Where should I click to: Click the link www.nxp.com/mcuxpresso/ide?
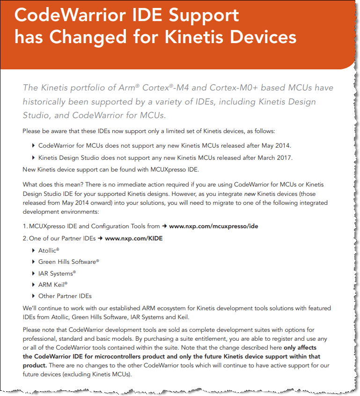213,226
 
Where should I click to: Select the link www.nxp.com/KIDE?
134,239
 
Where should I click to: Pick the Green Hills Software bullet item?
68,262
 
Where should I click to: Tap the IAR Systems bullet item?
57,273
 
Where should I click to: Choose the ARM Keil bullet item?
53,284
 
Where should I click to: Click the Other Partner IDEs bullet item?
65,296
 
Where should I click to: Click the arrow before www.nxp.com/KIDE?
100,239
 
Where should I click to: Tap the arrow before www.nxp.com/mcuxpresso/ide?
164,226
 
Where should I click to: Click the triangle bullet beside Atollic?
34,251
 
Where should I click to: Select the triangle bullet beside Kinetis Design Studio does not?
34,157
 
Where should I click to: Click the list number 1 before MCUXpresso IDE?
25,226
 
